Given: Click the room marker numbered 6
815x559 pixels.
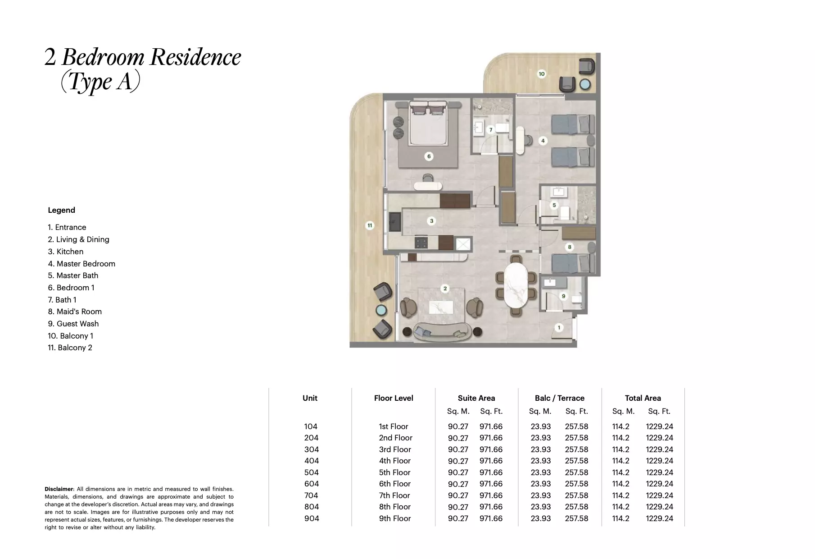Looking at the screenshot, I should pos(429,156).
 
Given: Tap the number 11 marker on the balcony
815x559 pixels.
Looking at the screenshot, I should pos(370,225).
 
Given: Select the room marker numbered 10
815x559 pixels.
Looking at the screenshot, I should pos(542,74).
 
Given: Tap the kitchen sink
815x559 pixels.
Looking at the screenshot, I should pos(81,222).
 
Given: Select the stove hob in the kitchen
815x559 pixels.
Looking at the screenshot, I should pos(106,243).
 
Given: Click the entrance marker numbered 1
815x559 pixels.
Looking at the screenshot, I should pos(559,328).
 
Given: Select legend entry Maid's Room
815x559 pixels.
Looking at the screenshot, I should pos(75,312).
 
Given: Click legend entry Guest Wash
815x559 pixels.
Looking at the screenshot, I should pos(73,324).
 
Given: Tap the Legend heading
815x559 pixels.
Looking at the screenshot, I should pos(61,210).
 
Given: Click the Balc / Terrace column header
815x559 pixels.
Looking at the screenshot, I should pos(559,398).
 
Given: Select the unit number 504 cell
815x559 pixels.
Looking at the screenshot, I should pos(311,472).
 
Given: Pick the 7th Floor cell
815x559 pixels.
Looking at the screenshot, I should pos(394,495).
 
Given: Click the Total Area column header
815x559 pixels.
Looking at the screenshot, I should pos(643,398).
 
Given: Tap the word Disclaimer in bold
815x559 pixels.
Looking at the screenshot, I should pos(59,489).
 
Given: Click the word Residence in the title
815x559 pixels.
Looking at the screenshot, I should pos(195,57).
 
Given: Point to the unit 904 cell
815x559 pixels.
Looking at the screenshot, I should pos(311,518).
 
